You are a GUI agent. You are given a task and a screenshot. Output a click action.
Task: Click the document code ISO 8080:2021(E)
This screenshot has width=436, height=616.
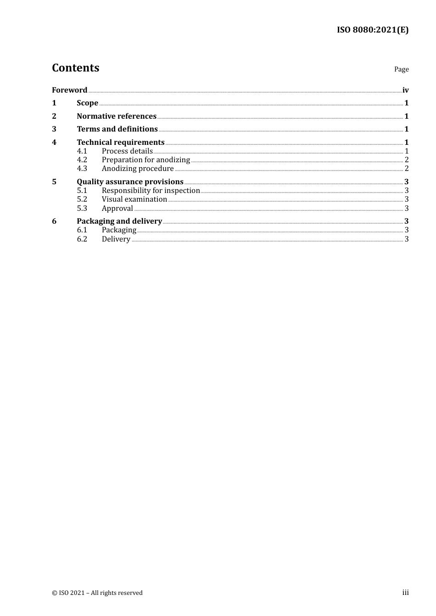(372, 30)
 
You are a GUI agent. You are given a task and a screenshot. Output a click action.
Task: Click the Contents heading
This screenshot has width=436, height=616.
(75, 68)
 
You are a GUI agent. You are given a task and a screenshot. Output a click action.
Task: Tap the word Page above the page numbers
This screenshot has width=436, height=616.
(401, 69)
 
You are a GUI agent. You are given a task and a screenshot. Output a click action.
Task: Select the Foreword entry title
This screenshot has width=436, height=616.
(69, 90)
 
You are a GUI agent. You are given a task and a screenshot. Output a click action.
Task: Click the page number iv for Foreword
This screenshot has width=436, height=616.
(405, 90)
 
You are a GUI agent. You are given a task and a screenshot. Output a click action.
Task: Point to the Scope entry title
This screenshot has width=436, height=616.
(87, 103)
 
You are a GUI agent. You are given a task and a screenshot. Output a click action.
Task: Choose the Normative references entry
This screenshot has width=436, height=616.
(117, 116)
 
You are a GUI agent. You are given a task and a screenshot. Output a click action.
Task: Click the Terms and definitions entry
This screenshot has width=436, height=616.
(117, 129)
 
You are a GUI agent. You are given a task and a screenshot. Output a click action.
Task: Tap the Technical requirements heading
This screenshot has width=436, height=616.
(120, 143)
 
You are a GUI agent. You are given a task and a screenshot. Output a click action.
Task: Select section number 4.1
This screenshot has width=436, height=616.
(82, 151)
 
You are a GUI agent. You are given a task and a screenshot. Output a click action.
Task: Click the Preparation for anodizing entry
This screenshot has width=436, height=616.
(145, 160)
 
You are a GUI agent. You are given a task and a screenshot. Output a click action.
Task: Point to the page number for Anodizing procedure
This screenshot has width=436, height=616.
(406, 169)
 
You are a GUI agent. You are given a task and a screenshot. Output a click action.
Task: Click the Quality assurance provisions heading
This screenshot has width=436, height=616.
(130, 182)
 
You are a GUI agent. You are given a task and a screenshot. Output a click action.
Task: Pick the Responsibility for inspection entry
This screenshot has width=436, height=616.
(151, 191)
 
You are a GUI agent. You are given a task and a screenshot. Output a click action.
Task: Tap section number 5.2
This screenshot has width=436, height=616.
(82, 199)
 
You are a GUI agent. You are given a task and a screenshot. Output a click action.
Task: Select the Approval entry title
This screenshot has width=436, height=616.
(117, 209)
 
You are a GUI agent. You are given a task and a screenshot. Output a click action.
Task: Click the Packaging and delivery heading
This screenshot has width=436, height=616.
(119, 221)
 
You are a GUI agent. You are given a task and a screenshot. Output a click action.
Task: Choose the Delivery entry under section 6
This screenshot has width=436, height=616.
(116, 239)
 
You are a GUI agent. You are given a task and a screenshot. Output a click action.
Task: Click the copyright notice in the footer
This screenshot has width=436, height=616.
(97, 593)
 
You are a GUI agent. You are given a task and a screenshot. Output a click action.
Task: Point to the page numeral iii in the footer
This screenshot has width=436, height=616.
(405, 593)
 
